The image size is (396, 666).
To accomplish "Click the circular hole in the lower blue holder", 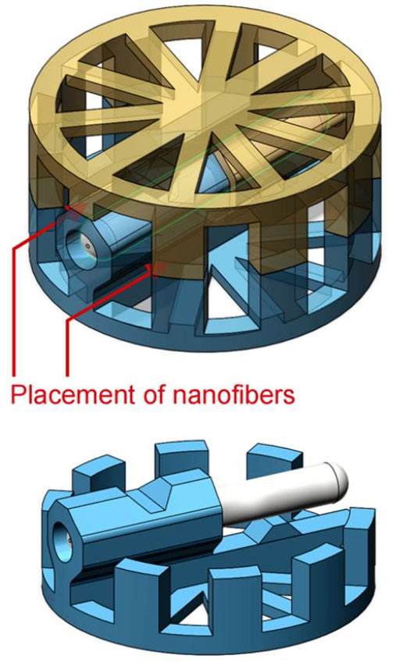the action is (62, 540).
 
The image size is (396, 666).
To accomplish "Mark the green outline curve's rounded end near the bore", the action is (95, 242).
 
